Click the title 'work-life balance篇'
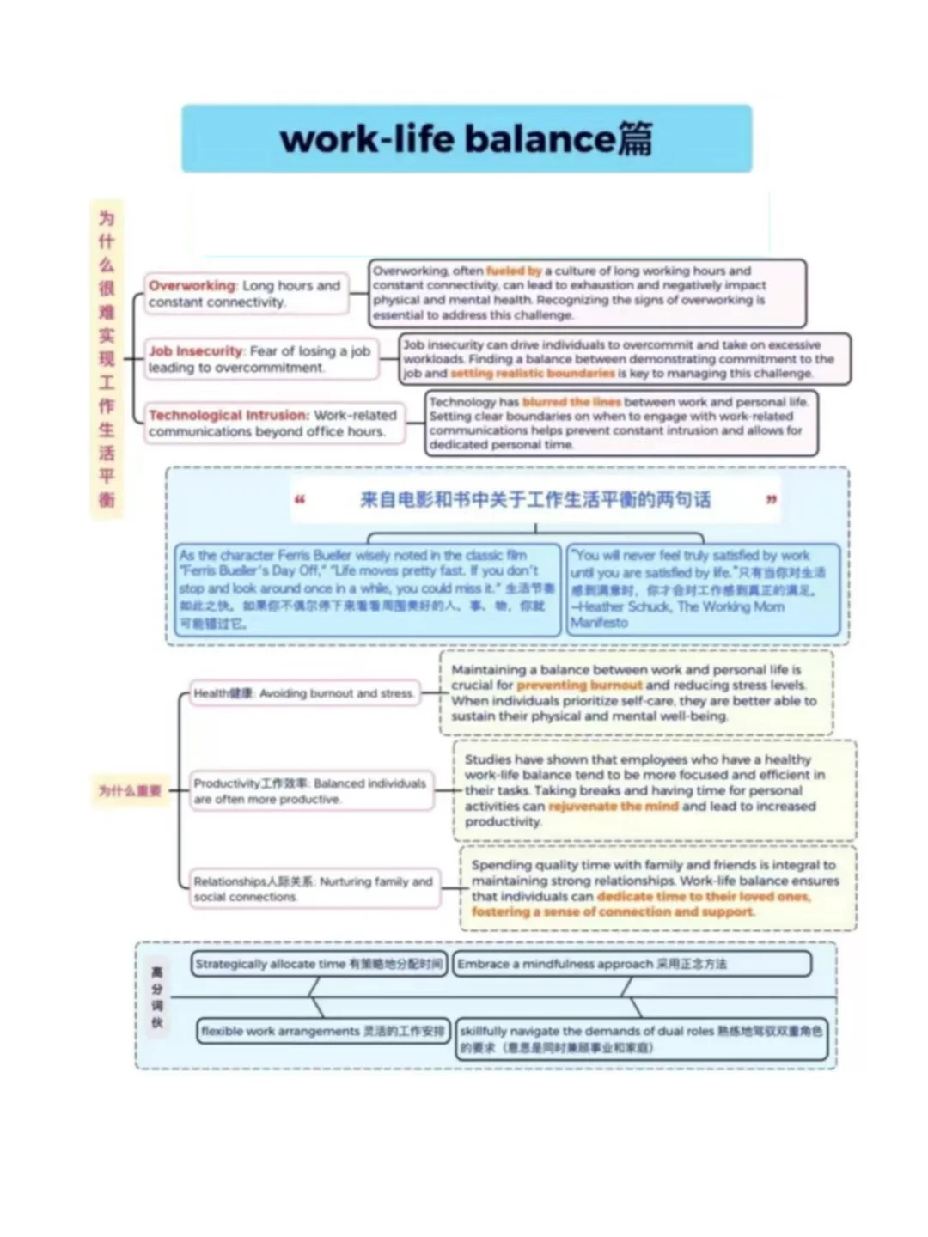467,139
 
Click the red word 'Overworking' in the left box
192,285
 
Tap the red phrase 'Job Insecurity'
196,351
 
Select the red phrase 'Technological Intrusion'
228,416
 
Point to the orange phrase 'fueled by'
513,271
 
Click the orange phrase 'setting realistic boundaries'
532,374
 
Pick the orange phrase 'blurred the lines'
571,402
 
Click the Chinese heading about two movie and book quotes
534,500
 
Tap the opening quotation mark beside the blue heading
300,500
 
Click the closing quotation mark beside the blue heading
771,500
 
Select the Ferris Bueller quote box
367,589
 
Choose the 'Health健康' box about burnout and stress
303,693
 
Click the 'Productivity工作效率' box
309,791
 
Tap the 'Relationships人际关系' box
313,889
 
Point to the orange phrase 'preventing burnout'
579,686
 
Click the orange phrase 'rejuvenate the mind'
613,807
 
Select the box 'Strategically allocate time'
318,965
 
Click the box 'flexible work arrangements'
322,1031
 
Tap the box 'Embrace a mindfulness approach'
632,965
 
